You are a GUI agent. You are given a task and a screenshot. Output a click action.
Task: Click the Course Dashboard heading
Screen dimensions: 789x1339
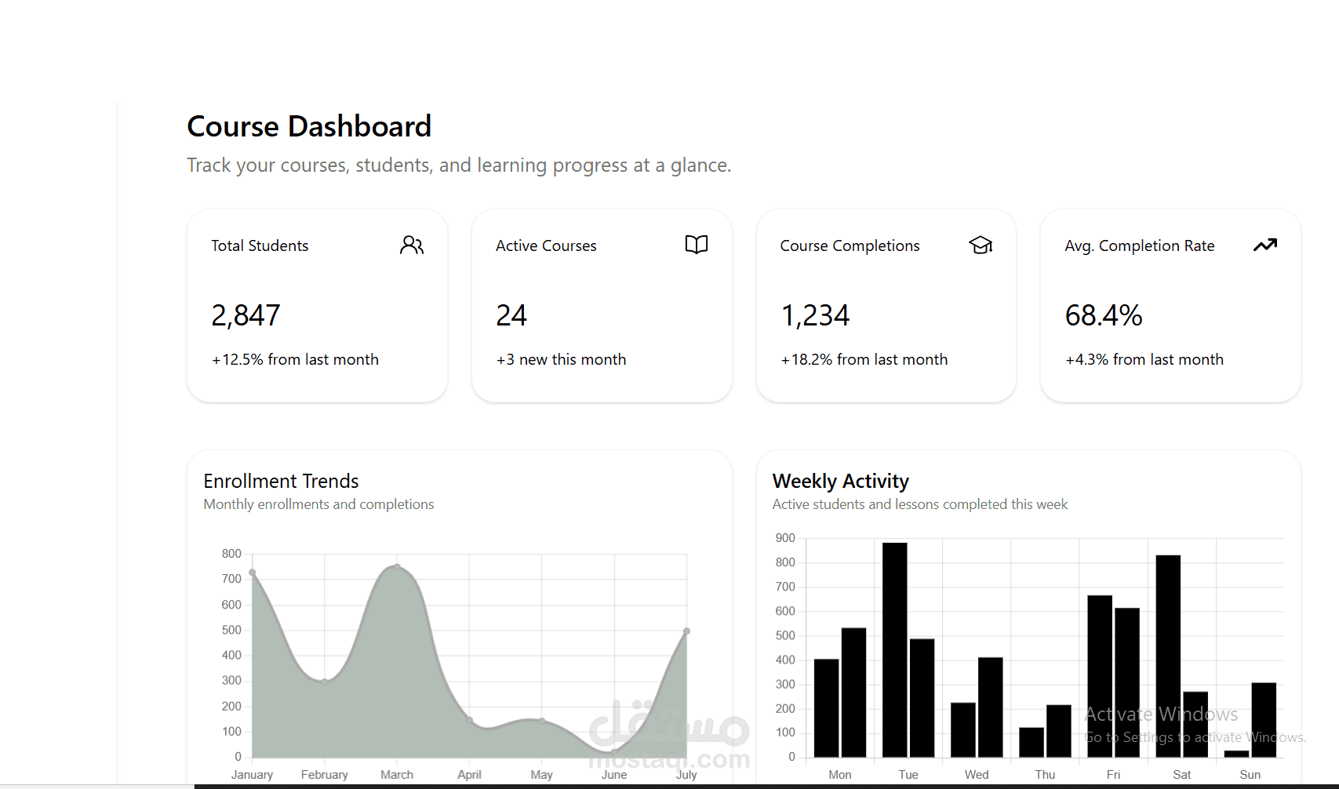tap(309, 126)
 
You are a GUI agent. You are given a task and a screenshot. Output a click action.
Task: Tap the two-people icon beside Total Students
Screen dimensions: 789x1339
tap(411, 245)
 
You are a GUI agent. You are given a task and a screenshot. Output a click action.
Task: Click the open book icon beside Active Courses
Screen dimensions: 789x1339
tap(696, 245)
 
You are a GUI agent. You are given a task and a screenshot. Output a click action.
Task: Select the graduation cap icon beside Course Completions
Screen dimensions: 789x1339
tap(981, 245)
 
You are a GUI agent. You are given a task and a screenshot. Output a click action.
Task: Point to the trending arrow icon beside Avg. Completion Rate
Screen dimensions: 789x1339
tap(1264, 245)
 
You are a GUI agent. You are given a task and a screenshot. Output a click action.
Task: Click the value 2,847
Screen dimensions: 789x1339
tap(246, 315)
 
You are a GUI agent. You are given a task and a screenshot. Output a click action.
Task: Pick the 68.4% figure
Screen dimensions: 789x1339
tap(1103, 315)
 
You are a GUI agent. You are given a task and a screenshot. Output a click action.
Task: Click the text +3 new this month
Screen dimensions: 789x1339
tap(561, 359)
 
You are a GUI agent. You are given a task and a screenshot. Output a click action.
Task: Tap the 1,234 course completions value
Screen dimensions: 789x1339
tap(815, 315)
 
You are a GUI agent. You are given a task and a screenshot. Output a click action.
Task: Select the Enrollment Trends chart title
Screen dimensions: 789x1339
tap(281, 481)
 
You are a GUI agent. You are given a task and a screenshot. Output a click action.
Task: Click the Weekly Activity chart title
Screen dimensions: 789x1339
tap(840, 481)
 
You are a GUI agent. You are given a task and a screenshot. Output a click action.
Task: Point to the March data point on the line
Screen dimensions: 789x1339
tap(397, 567)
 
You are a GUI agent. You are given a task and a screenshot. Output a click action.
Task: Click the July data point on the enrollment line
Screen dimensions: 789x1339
tap(686, 631)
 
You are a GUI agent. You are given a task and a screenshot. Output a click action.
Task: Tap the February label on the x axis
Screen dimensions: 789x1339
tap(324, 774)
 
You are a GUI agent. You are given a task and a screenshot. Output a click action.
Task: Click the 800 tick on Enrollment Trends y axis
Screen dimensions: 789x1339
tap(231, 554)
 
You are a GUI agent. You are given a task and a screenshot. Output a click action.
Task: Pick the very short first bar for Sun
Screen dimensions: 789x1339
tap(1236, 754)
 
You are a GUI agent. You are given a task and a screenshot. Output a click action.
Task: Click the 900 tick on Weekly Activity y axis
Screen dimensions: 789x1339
tap(785, 538)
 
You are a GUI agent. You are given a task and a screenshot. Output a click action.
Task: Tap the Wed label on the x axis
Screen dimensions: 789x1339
tap(977, 774)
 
